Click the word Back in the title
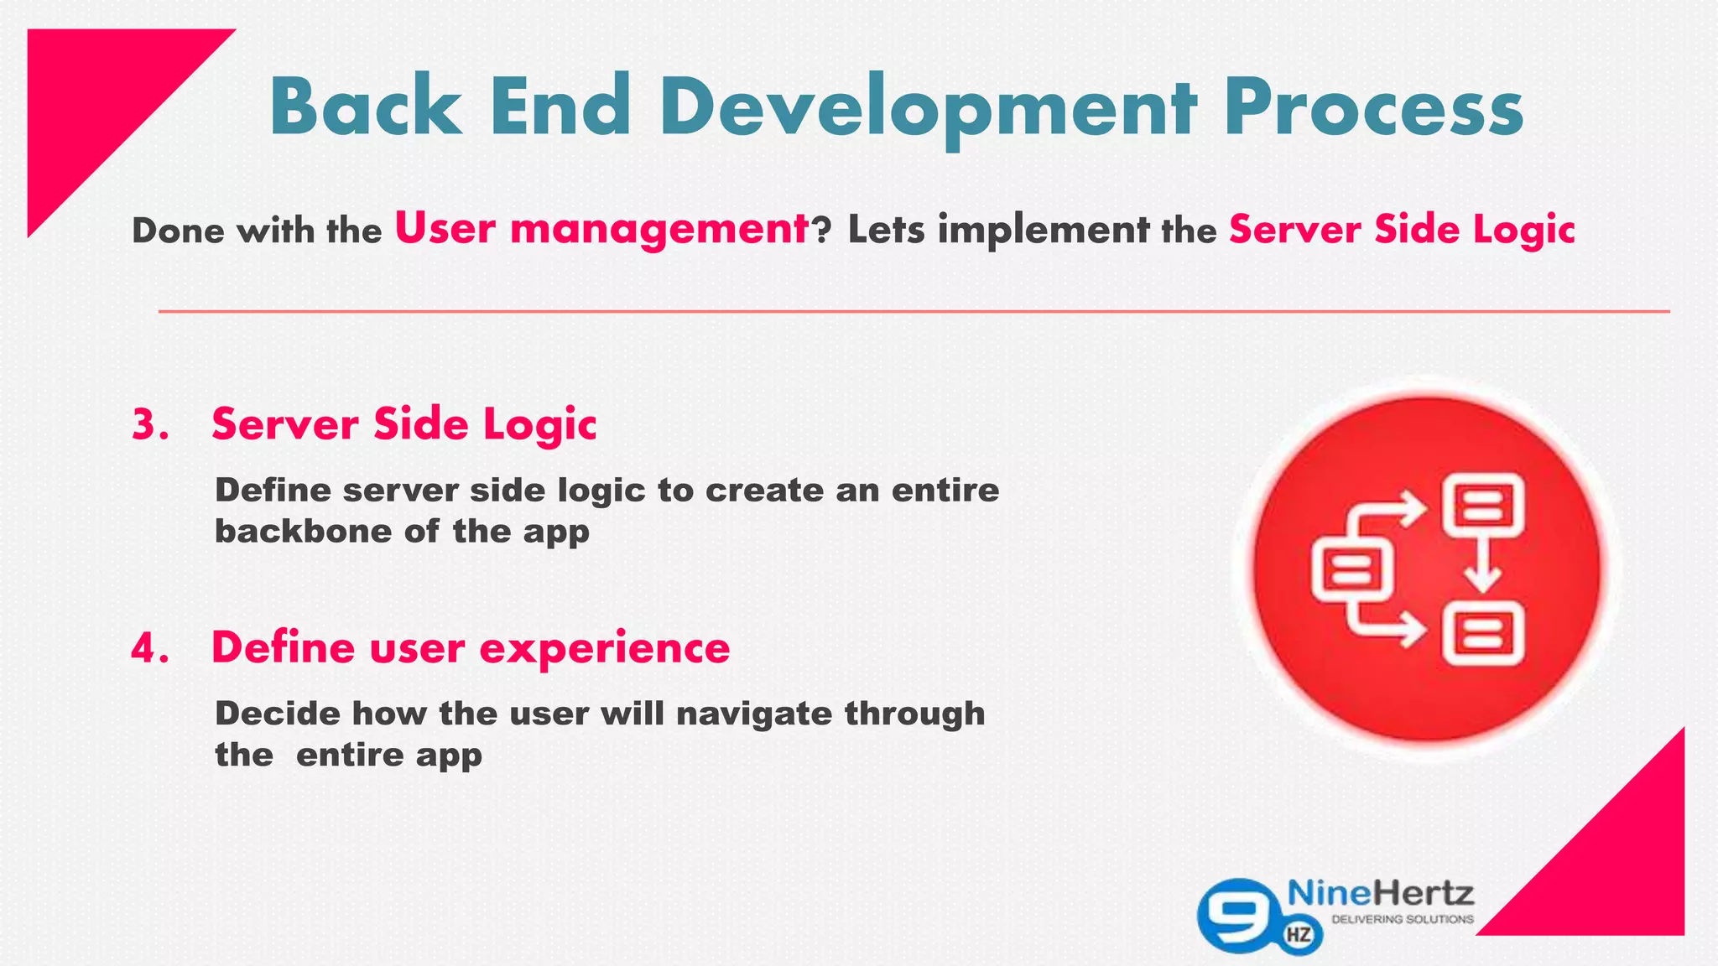pos(366,107)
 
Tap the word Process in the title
pos(1373,107)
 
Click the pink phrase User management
pos(601,229)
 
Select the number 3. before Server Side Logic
pos(150,424)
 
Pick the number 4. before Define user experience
pos(150,648)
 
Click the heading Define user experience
pos(471,648)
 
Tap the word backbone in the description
pos(303,531)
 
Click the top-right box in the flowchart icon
pos(1483,505)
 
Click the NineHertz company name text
pos(1380,894)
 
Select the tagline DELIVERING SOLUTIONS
pos(1403,920)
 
